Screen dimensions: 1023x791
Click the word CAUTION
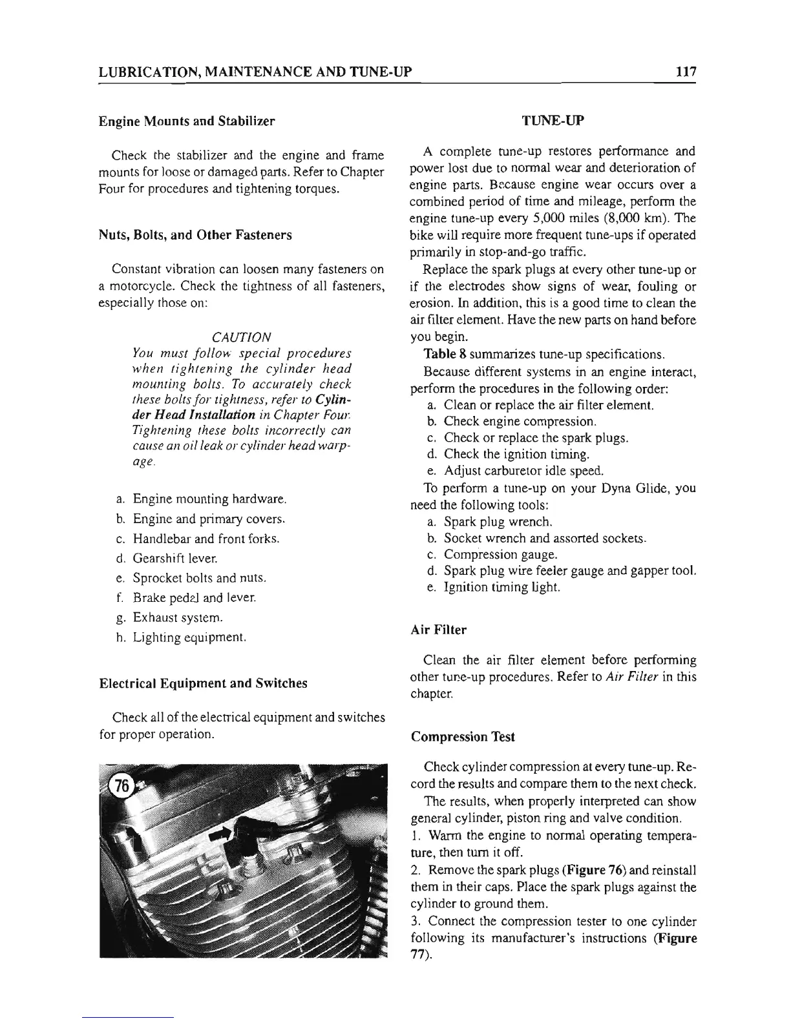tap(241, 337)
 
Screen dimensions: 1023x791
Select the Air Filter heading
tap(438, 630)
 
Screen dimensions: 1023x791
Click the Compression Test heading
tap(463, 736)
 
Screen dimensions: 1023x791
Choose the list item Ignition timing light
tap(502, 587)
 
